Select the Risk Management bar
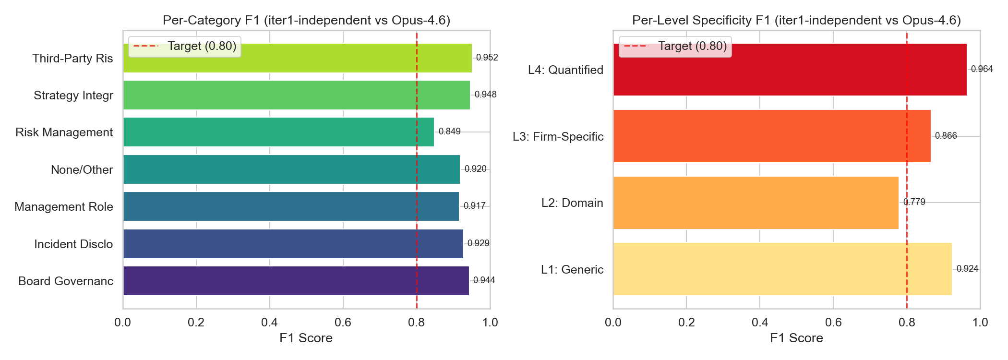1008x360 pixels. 278,132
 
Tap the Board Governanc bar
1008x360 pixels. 296,281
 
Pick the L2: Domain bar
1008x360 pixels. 756,203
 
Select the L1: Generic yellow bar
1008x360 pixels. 782,269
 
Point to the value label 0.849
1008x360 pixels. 450,132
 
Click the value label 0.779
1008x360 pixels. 914,202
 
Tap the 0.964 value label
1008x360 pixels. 982,69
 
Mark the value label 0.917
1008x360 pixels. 475,206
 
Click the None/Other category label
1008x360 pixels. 82,169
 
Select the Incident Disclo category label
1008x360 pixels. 73,244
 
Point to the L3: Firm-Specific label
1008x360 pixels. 558,136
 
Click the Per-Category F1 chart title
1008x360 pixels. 306,20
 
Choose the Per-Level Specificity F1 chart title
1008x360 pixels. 796,20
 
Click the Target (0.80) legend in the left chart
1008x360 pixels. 185,46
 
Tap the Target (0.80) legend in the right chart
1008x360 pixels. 675,46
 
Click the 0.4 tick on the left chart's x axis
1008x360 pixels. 269,322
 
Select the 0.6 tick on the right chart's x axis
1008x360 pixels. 833,322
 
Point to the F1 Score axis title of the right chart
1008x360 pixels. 796,338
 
